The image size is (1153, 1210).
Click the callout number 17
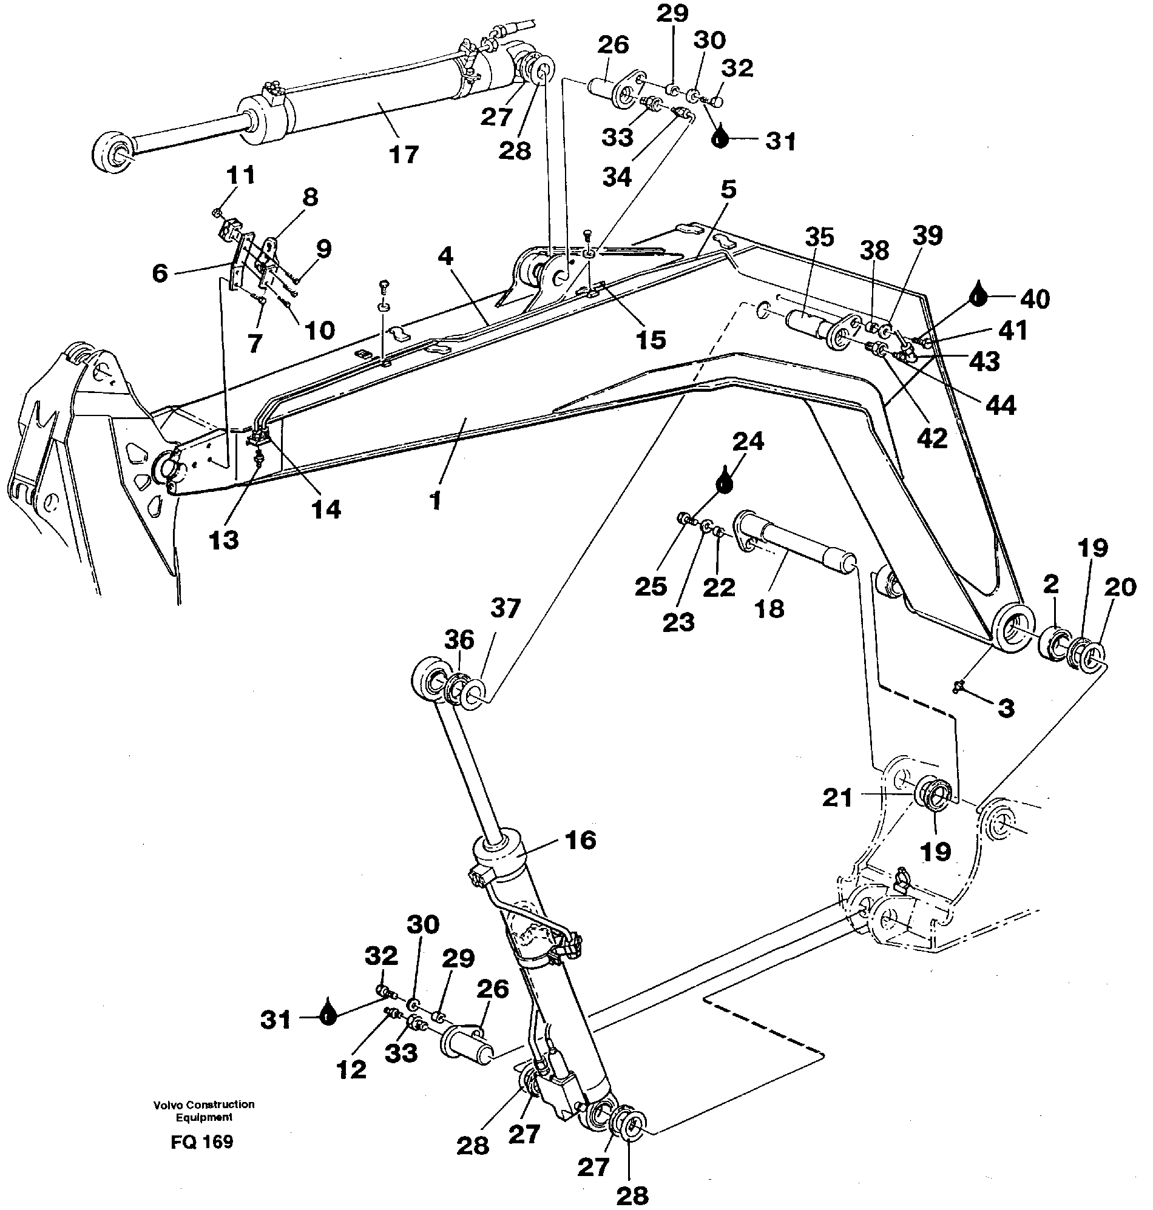[x=403, y=154]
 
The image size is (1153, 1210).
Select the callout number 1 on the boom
[x=435, y=500]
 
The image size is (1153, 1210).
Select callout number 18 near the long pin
[x=769, y=609]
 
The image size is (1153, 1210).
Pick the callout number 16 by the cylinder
[x=580, y=839]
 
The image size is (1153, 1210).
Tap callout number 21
[x=837, y=798]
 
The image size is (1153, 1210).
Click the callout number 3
[x=1006, y=708]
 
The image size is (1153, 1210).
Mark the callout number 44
[x=1001, y=405]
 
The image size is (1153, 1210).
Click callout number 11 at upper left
[x=240, y=175]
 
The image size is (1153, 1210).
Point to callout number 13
[x=223, y=540]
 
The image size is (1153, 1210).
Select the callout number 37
[x=505, y=609]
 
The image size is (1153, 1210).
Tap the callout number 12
[x=351, y=1069]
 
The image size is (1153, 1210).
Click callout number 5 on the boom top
[x=728, y=190]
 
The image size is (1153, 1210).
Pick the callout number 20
[x=1120, y=588]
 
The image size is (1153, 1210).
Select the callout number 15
[x=651, y=339]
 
